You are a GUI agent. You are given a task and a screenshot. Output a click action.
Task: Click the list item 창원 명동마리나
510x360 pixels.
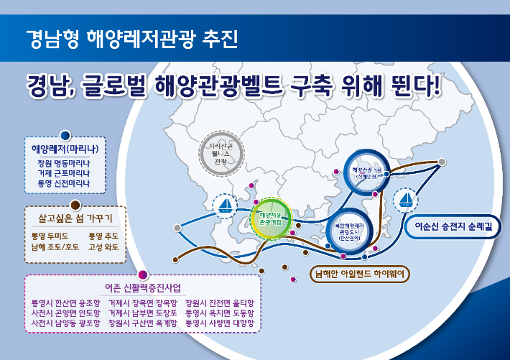[x=65, y=163]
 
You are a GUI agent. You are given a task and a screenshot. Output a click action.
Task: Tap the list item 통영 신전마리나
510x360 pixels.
[x=65, y=183]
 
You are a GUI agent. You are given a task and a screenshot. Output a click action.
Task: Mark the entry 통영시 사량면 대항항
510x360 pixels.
[x=220, y=323]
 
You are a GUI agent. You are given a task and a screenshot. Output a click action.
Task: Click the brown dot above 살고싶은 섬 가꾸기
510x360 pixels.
[x=75, y=204]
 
